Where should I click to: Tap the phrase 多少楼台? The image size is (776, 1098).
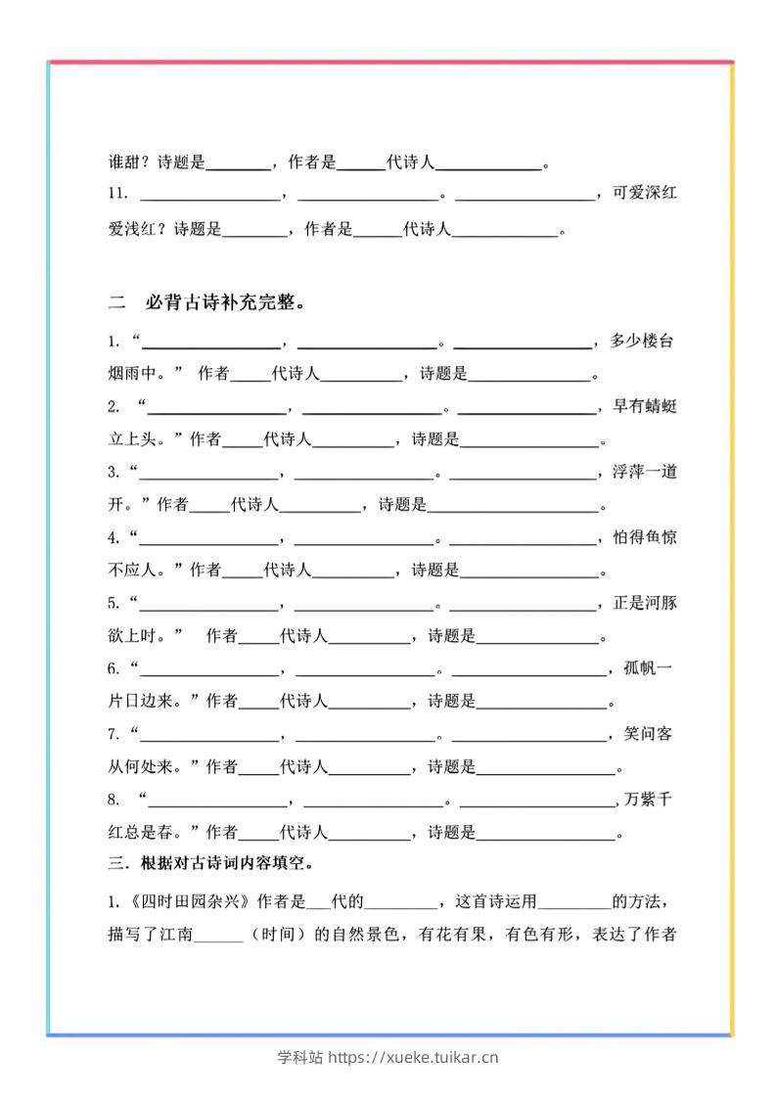click(x=641, y=342)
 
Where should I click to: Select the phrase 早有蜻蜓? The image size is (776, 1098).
click(x=643, y=406)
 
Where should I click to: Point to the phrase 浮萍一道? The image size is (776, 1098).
click(x=643, y=472)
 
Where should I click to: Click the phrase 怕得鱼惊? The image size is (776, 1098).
click(x=643, y=537)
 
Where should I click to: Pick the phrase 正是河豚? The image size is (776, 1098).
click(x=643, y=603)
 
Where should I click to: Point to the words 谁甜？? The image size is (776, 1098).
click(x=127, y=162)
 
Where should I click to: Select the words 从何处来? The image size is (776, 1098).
click(x=142, y=767)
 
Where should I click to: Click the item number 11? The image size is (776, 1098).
click(x=117, y=195)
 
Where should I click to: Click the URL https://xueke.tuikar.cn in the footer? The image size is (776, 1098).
click(x=413, y=1057)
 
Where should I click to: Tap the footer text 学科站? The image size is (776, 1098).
click(x=299, y=1057)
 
